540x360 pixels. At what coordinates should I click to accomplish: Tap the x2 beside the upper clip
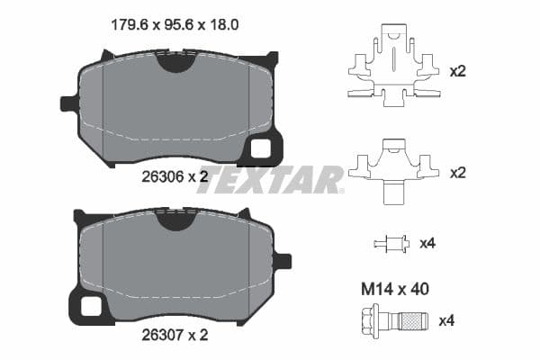pos(457,69)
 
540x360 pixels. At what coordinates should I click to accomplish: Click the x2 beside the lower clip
pos(457,171)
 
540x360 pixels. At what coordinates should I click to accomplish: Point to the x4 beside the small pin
pos(427,243)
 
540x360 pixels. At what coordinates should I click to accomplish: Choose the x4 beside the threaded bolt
pos(446,319)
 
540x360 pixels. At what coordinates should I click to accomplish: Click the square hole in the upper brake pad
pos(262,148)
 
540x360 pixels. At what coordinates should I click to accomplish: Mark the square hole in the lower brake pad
pos(91,306)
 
